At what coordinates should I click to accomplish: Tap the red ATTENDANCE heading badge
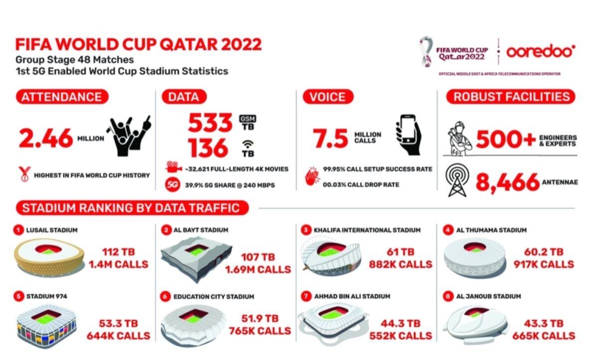[x=61, y=97]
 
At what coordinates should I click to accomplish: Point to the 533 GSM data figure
[x=210, y=123]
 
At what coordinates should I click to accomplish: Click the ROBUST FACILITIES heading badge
[x=510, y=97]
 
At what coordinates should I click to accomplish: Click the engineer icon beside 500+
[x=459, y=138]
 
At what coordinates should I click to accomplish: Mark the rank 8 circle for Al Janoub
[x=449, y=296]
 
